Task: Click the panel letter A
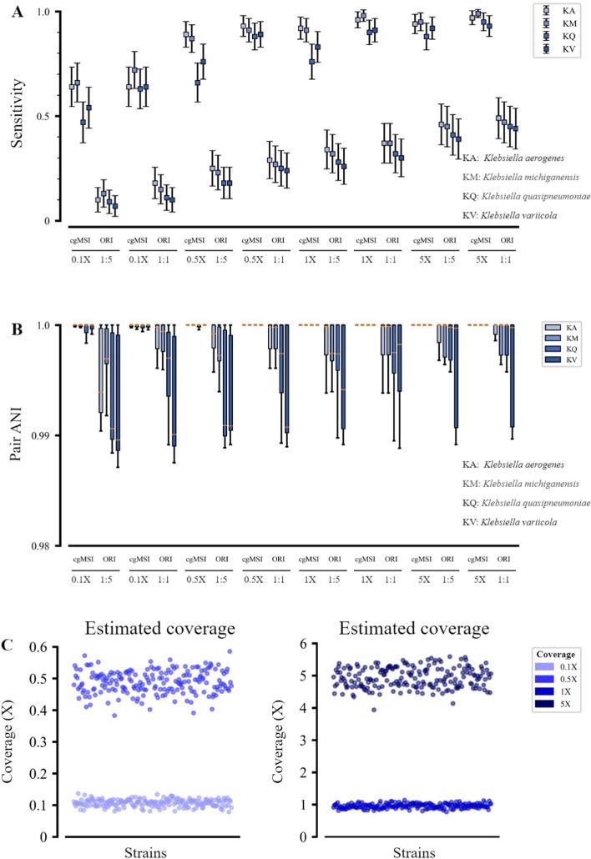click(18, 11)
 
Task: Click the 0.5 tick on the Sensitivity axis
click(48, 116)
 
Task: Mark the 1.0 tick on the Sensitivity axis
click(48, 12)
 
